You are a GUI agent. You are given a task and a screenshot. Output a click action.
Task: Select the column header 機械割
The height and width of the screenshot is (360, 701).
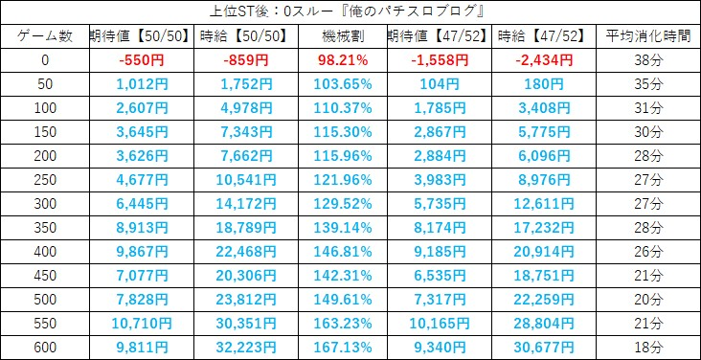(343, 36)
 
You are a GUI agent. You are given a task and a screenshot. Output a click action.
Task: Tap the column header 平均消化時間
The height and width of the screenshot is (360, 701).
(648, 36)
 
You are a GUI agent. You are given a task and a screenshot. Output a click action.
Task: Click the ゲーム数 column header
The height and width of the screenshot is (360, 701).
(45, 36)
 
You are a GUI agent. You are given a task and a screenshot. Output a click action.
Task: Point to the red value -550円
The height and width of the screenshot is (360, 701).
(142, 60)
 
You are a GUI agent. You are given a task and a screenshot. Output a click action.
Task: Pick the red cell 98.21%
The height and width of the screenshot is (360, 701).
(343, 60)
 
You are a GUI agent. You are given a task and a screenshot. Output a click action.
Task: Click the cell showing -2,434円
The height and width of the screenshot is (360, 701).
(544, 60)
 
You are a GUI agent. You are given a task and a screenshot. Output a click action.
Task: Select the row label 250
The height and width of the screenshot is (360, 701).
(45, 180)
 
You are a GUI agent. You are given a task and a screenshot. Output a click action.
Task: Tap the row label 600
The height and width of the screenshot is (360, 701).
(45, 348)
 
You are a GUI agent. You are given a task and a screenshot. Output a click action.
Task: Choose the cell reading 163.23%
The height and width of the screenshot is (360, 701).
(343, 324)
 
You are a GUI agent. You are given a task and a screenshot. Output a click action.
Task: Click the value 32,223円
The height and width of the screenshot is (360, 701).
(246, 348)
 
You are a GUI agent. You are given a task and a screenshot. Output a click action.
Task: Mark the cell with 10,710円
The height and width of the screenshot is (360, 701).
(142, 324)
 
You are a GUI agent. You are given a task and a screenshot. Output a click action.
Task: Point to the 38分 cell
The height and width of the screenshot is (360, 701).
(648, 60)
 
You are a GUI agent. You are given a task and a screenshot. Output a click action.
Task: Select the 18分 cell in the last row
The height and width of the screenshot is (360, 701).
(648, 348)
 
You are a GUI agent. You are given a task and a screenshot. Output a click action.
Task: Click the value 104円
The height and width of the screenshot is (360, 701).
(440, 84)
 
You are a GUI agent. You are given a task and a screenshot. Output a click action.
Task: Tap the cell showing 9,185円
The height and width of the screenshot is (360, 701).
(440, 252)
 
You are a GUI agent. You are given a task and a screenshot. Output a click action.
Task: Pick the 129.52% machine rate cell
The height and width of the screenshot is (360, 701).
(343, 204)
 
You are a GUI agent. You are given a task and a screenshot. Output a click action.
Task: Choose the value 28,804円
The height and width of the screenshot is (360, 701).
(544, 324)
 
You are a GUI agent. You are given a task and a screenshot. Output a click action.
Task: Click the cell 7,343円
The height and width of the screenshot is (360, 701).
(246, 132)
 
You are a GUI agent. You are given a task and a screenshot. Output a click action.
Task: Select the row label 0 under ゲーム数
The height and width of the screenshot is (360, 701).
(45, 60)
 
